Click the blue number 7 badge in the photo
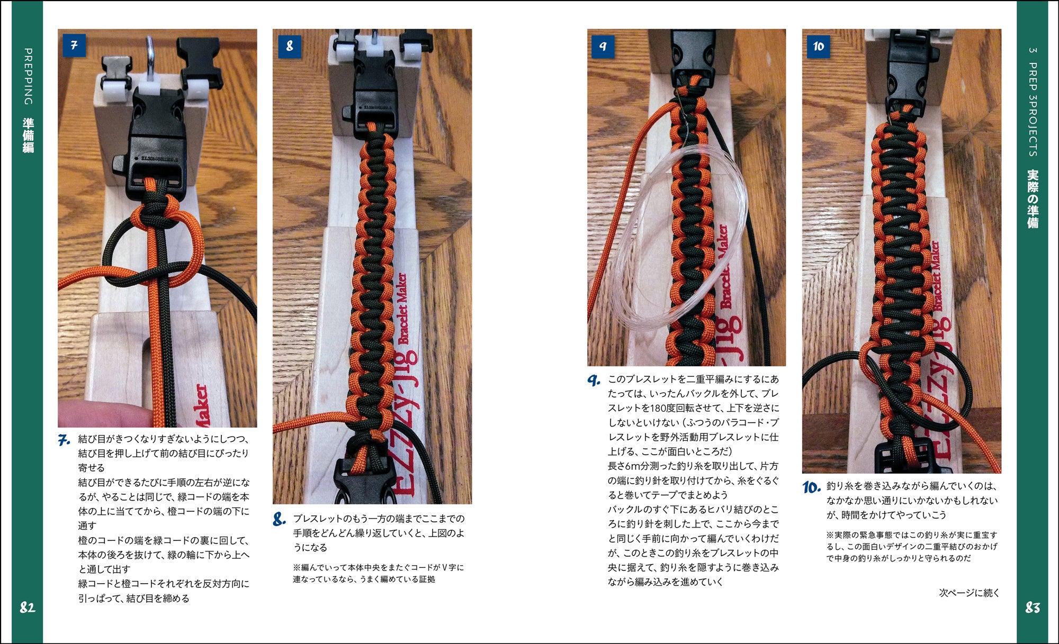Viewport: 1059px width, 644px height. point(74,46)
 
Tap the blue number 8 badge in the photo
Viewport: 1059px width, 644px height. point(289,46)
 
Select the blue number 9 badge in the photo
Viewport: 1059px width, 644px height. point(603,46)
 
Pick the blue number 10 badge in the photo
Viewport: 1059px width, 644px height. point(819,46)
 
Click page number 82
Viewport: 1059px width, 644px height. point(28,607)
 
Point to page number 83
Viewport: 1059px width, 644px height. point(1033,607)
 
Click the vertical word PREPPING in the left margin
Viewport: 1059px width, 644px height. point(28,77)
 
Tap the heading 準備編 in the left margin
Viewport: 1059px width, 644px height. point(28,135)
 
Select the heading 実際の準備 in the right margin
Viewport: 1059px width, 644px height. point(1033,198)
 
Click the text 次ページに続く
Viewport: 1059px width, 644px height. point(970,593)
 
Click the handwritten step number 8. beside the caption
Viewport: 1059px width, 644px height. point(280,519)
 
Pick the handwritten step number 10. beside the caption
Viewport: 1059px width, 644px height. point(812,487)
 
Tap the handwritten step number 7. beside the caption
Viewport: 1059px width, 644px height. point(64,440)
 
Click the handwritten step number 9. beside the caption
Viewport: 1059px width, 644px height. point(594,380)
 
